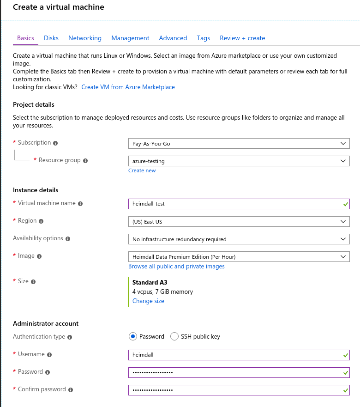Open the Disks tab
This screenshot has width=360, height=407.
[51, 38]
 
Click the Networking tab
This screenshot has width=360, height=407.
[85, 38]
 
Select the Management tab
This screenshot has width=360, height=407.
[130, 38]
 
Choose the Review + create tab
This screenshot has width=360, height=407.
[242, 38]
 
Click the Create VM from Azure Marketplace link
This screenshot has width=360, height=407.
[128, 87]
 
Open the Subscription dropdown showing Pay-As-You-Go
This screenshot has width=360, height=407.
[239, 144]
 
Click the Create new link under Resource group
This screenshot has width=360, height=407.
[142, 170]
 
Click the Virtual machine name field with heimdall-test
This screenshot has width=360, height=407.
[235, 204]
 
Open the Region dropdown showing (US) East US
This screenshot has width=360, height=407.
[239, 221]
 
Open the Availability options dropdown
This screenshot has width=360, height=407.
[239, 239]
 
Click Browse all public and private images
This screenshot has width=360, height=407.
[176, 266]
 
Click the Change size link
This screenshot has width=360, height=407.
[148, 301]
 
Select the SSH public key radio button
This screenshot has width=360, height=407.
[174, 336]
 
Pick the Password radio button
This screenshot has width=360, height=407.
[133, 336]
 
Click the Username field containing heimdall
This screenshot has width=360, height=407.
[235, 355]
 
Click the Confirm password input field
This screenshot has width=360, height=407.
[235, 390]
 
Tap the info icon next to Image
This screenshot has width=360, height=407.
[39, 256]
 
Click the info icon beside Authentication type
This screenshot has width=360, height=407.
[70, 337]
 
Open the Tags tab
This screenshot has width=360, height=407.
[203, 38]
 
